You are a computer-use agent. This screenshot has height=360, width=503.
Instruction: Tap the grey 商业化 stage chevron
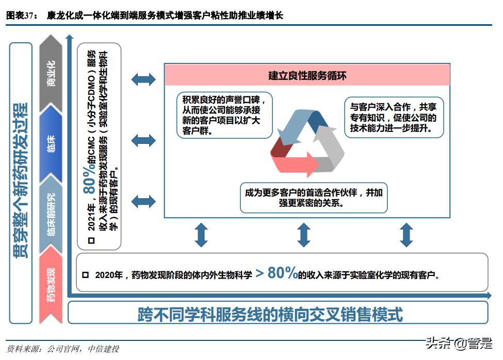point(51,72)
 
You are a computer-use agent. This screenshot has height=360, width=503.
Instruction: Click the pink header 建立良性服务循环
point(307,76)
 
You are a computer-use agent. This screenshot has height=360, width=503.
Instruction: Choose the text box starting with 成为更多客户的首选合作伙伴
point(313,198)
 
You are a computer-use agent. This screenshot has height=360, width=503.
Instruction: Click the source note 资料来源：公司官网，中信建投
point(63,349)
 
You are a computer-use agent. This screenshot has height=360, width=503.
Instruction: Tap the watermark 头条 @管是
point(459,343)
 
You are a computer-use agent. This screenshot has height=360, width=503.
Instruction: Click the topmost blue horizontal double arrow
point(143,79)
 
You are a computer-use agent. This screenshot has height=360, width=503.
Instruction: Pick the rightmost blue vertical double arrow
point(407,235)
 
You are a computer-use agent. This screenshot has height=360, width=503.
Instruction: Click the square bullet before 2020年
point(86,275)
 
